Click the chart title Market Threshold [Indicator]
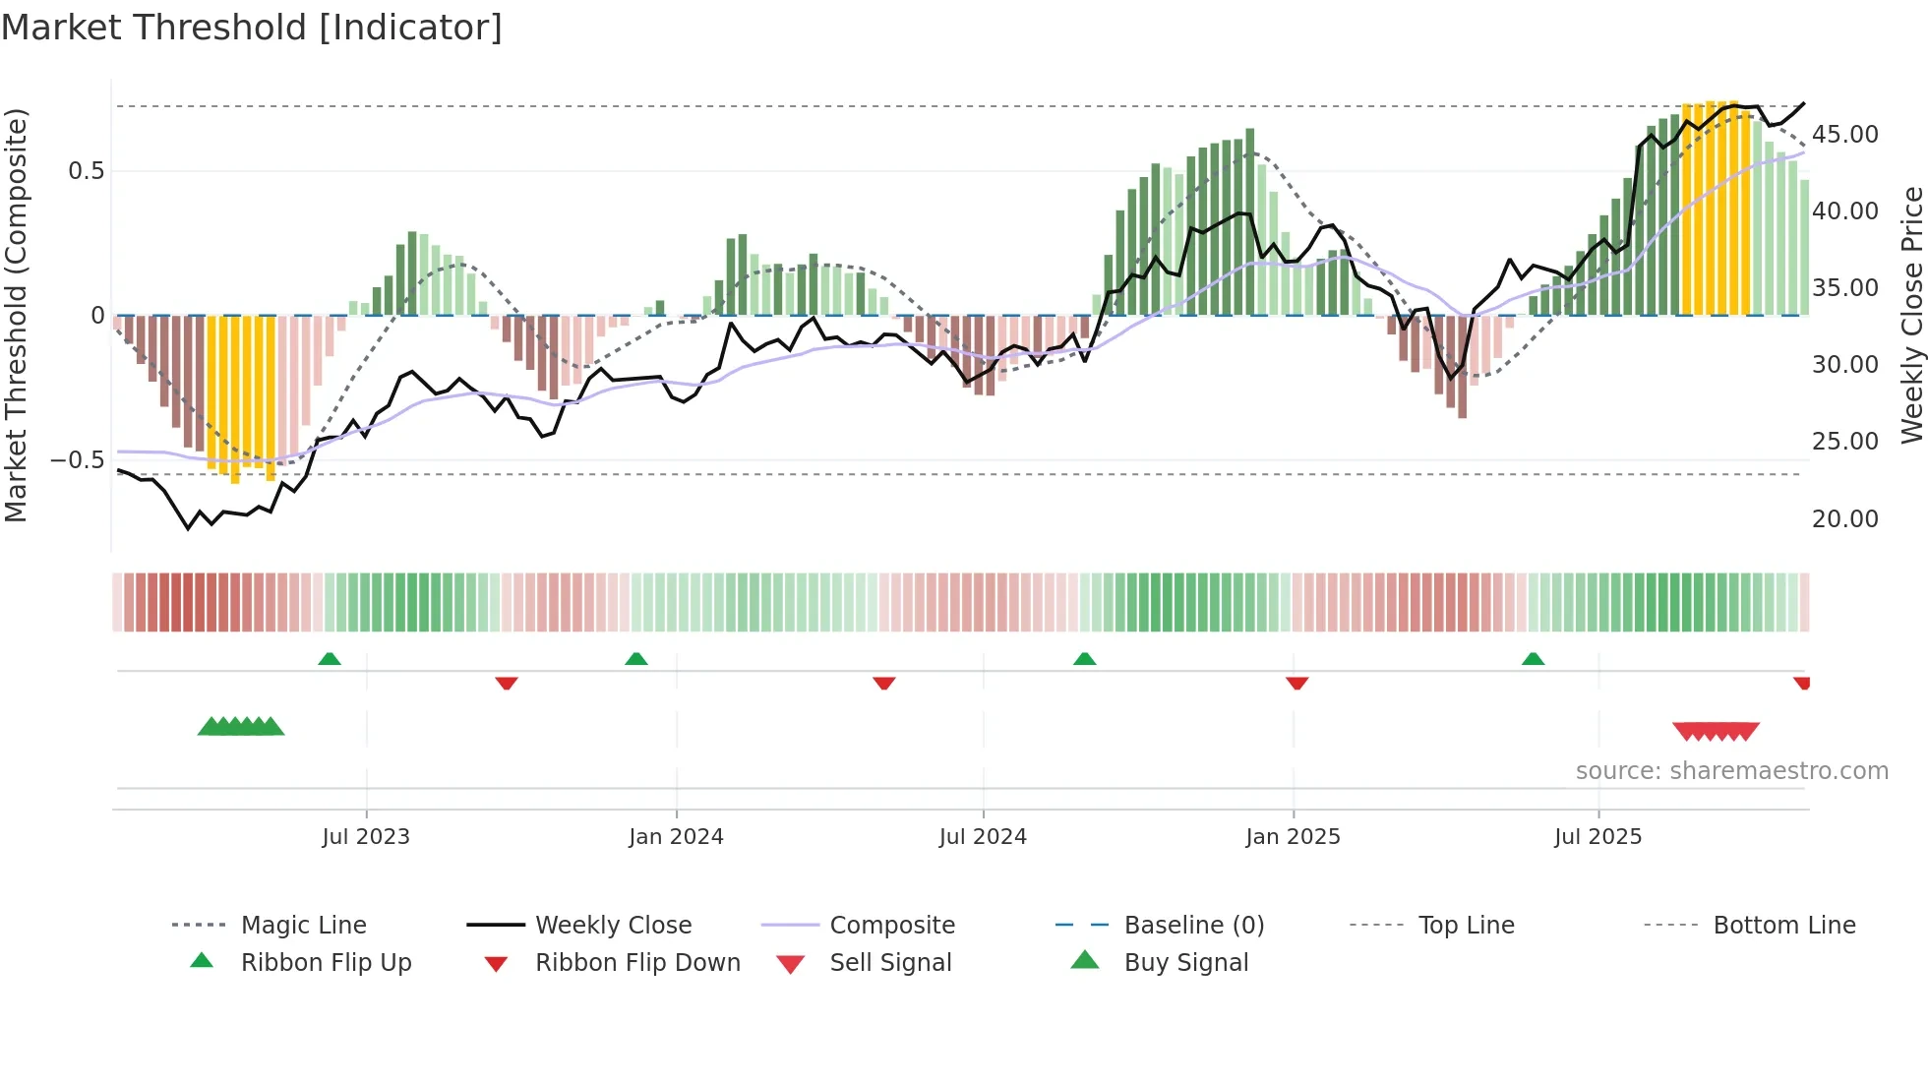(x=252, y=28)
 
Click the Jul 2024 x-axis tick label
(x=983, y=837)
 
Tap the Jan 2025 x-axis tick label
(x=1293, y=837)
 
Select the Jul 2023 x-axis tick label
(x=366, y=837)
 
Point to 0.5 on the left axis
(x=87, y=171)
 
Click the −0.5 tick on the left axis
(x=78, y=460)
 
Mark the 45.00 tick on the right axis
(x=1844, y=135)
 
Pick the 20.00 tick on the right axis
(x=1844, y=519)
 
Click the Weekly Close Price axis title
(x=1911, y=315)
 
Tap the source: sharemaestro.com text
(x=1731, y=771)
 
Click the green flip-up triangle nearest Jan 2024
(x=636, y=659)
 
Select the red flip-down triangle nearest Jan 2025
(x=1296, y=683)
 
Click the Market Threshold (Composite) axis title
(x=16, y=315)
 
